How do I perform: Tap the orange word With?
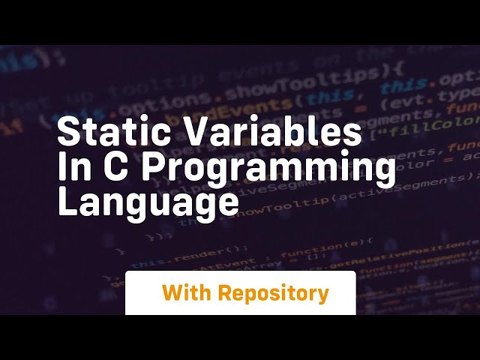coord(186,292)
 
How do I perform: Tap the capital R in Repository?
coord(226,292)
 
